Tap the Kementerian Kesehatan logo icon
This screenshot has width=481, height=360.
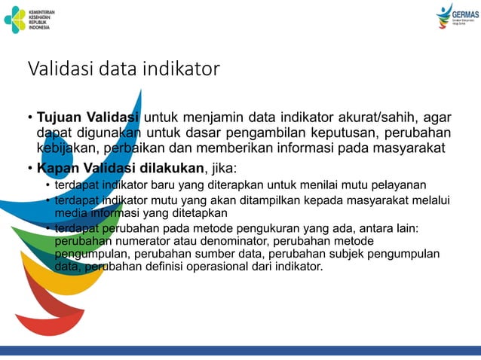(14, 19)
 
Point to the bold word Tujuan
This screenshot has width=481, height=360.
(60, 117)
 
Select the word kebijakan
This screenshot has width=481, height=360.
(66, 148)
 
